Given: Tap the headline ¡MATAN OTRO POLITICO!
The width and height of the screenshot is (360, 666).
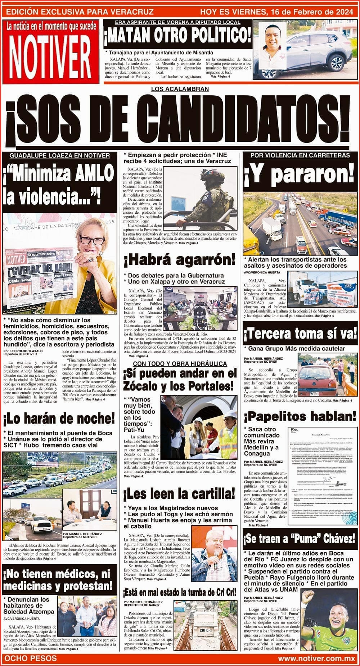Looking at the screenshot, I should coord(178,37).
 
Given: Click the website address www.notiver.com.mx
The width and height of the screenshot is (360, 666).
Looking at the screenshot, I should coord(316,658).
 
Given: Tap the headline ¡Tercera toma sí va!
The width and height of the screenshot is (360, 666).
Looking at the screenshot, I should coord(300,335).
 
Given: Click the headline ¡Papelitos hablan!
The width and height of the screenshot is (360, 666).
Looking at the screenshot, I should coord(300,417).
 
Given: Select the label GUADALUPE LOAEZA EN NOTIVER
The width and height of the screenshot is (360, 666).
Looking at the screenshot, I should coord(59,155).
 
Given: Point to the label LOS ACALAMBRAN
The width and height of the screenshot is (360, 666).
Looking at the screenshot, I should coord(180,89).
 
